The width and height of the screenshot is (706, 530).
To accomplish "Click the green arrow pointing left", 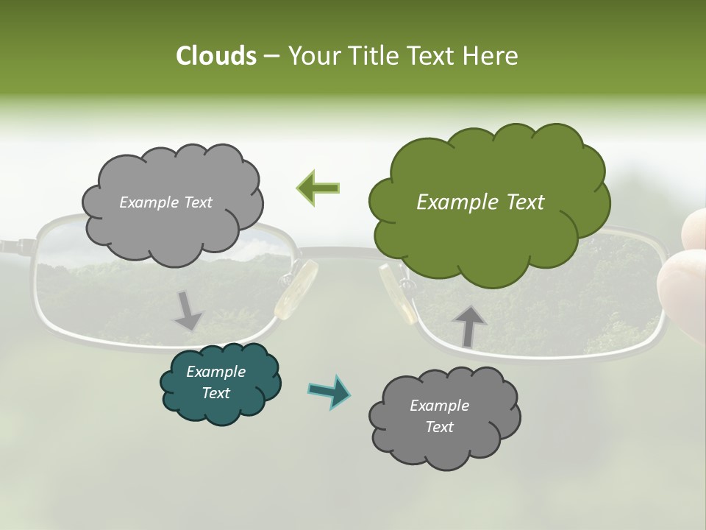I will coord(318,187).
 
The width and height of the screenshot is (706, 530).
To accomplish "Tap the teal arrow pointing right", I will coord(329,392).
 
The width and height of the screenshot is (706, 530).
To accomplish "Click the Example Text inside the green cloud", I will coord(480,202).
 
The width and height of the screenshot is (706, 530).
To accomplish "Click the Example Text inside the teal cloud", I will coord(215,382).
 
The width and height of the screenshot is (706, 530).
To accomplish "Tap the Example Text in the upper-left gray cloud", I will coord(165,202).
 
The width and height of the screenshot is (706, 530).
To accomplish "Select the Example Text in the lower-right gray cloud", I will coord(439,416).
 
